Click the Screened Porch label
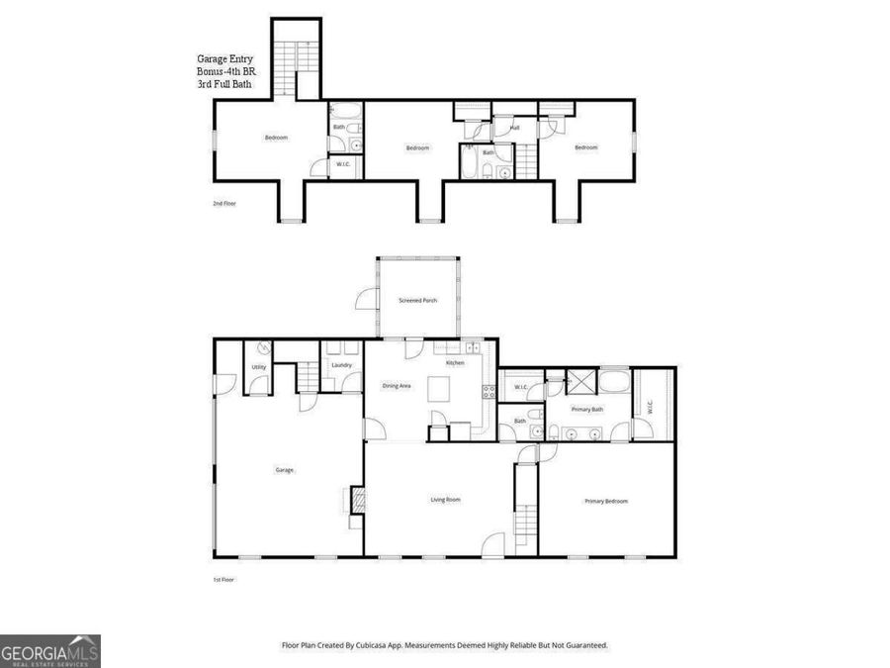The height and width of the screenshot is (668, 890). [417, 300]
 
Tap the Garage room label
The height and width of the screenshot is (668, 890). [285, 470]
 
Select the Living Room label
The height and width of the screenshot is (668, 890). [445, 500]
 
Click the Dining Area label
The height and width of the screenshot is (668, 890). [397, 385]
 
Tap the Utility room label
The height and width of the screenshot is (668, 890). [258, 367]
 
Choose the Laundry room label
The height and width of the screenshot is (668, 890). [342, 365]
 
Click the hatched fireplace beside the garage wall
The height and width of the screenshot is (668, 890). [358, 500]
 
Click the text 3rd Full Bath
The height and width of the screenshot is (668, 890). [224, 85]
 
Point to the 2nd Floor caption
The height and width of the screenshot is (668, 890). [224, 203]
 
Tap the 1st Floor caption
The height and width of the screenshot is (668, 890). [223, 579]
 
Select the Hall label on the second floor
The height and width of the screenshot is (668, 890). [514, 128]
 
